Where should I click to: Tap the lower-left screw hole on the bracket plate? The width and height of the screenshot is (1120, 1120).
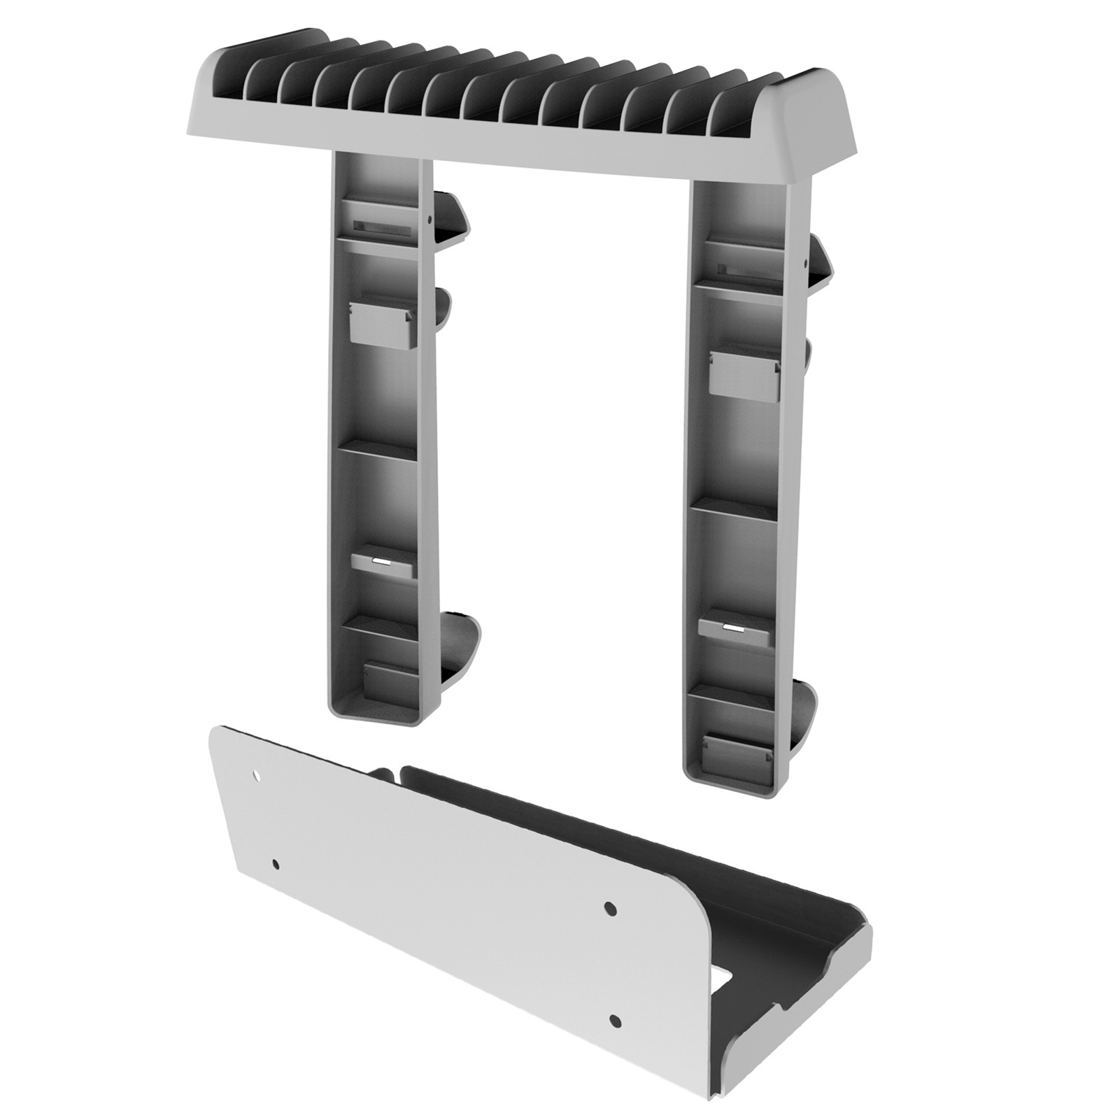tap(276, 863)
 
